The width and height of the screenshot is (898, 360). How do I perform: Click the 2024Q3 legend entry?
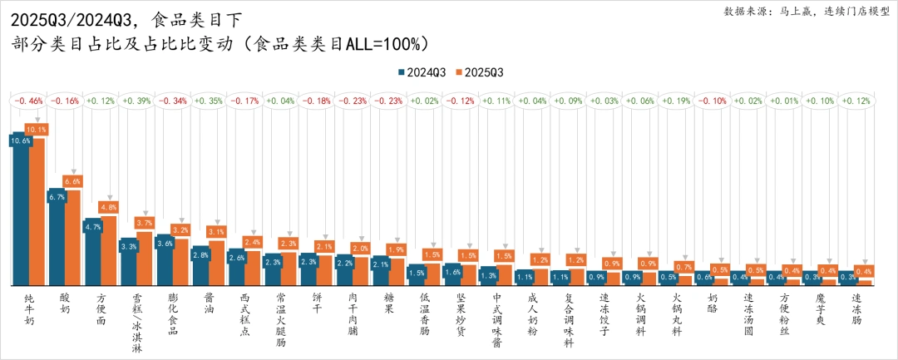[x=422, y=72]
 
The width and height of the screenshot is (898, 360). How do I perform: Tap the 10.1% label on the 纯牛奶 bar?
[x=37, y=130]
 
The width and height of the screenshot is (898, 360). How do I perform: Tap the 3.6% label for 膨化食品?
[x=165, y=244]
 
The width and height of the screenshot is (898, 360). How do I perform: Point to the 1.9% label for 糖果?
[x=396, y=249]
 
